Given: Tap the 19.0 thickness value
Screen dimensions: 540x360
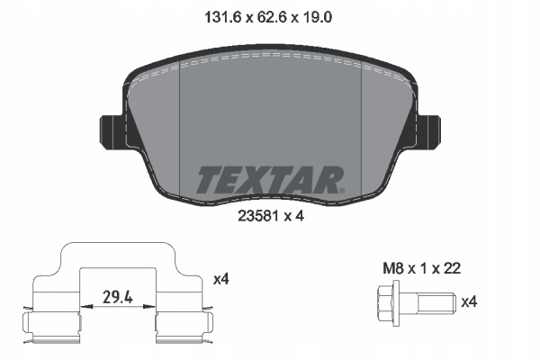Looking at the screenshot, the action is coord(317,17).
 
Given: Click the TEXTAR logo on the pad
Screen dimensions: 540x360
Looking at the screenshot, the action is coord(268,180).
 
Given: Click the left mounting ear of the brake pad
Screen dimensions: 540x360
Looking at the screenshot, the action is coord(111,132).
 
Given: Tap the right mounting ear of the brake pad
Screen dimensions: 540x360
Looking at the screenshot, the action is coord(429,132).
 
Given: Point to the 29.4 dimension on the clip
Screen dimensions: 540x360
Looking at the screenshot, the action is coord(118,297).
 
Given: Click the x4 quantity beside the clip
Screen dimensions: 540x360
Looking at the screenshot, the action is coord(221,279).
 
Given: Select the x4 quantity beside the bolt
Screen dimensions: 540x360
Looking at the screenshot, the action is coord(469,302).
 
